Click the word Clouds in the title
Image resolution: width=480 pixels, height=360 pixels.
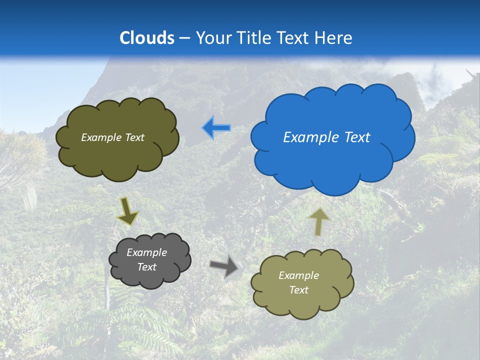147,38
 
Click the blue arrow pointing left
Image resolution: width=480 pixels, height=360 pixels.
216,128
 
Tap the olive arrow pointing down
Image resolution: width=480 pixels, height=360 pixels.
127,211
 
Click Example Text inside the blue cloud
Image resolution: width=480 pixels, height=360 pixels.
326,137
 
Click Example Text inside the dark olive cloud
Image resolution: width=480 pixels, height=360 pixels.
112,137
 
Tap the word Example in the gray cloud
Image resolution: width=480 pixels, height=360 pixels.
146,252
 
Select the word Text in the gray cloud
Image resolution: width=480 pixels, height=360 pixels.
146,267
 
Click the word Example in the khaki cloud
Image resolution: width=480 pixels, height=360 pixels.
298,275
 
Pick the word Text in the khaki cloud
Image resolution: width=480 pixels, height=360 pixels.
298,290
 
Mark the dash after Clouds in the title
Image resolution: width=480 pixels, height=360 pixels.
184,38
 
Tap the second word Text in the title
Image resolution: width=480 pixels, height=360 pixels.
294,38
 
